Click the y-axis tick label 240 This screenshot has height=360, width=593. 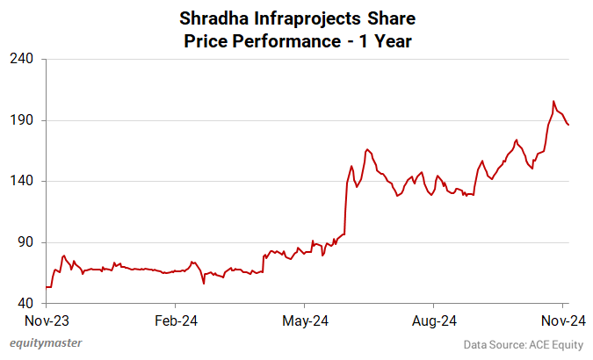tap(22, 59)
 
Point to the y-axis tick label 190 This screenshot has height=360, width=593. tap(22, 120)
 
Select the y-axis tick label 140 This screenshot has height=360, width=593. tap(22, 181)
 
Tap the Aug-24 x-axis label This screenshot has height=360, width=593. tap(434, 320)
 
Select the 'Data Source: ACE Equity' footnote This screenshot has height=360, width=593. tap(523, 344)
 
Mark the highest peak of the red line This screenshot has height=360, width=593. tap(553, 101)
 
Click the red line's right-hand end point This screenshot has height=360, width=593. tap(568, 125)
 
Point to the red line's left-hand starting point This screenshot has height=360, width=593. tap(46, 287)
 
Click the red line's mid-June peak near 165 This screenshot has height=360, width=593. tap(367, 149)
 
